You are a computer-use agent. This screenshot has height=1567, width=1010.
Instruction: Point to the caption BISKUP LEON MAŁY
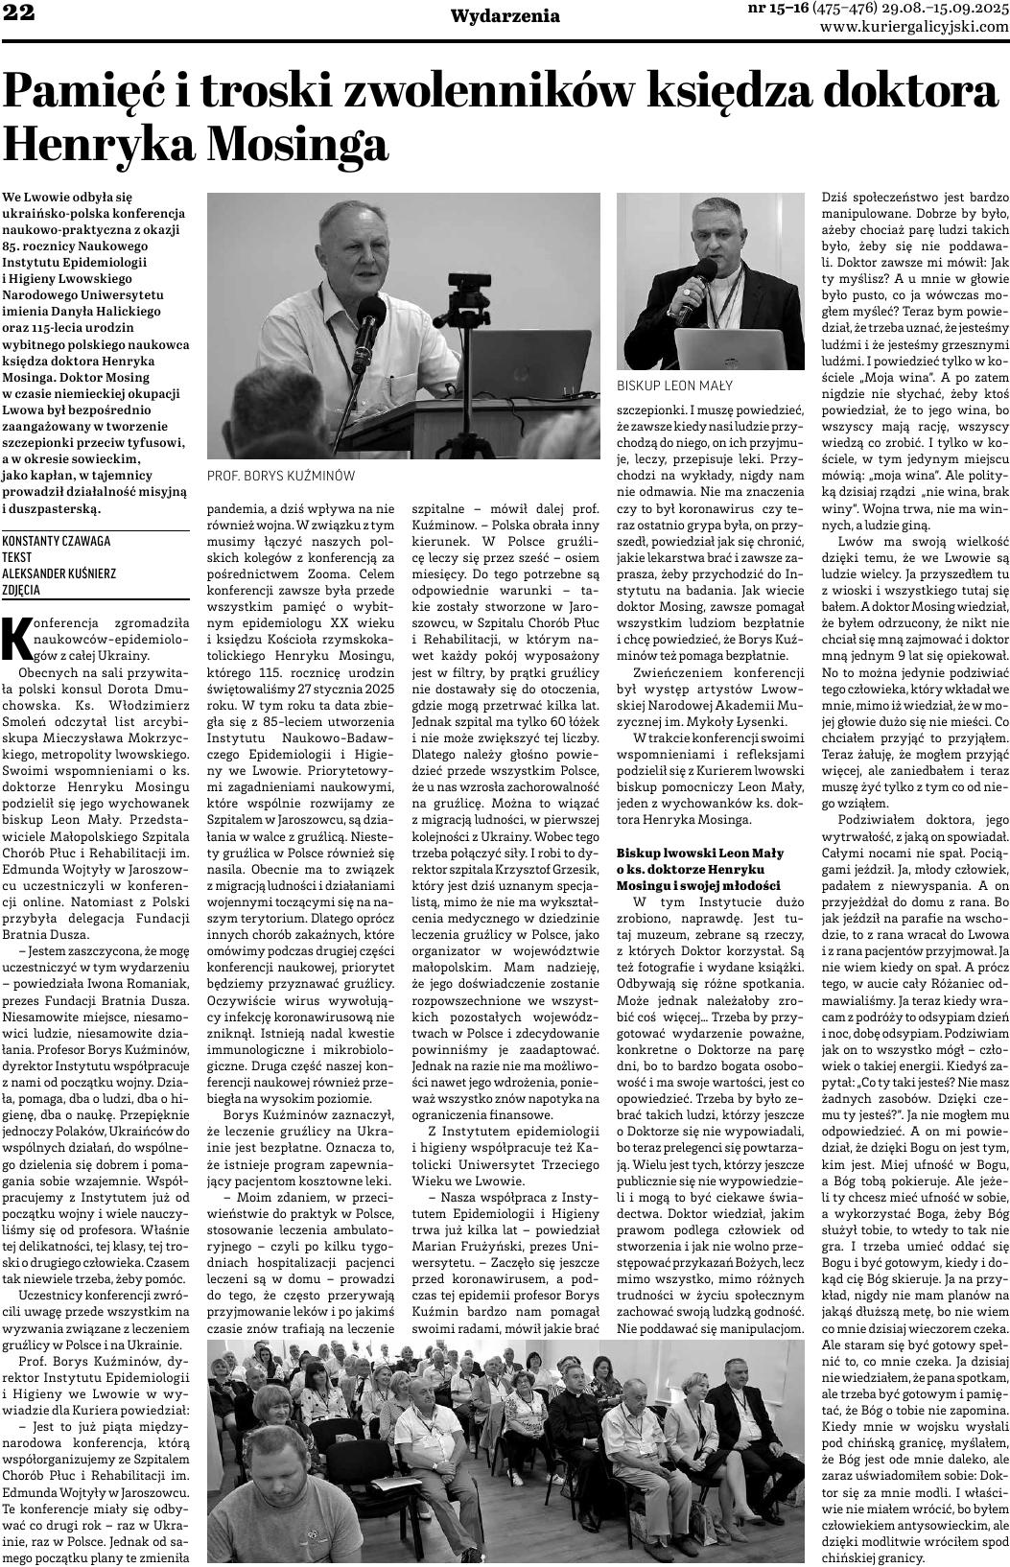point(674,386)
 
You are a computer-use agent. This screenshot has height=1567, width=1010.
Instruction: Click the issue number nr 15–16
point(777,9)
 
